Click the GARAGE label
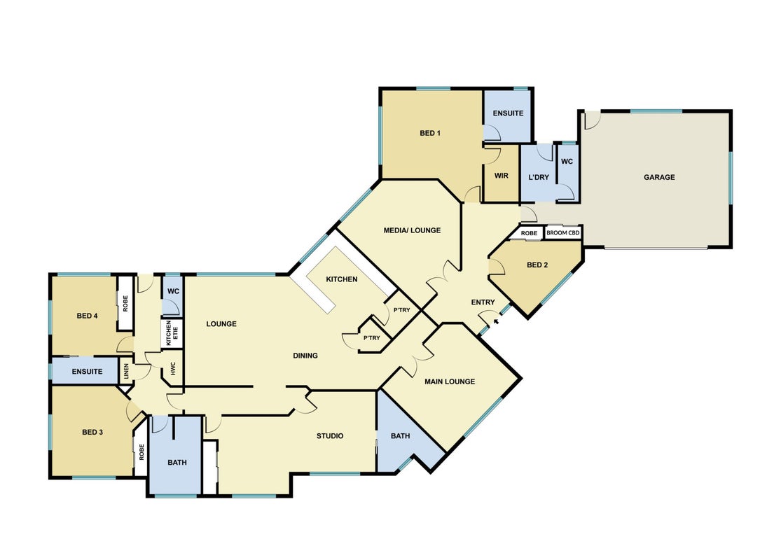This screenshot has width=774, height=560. point(659,177)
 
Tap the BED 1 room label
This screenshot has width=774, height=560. point(430,133)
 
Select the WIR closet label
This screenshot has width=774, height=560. point(501,176)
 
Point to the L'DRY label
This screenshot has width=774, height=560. point(539,177)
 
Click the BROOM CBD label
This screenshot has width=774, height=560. point(562,232)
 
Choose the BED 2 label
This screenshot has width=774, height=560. point(537,265)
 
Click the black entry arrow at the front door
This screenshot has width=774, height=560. point(496,322)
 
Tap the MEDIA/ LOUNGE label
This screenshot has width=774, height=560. point(412,230)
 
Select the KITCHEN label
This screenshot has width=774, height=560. point(342,279)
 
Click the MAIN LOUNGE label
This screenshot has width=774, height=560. point(450,381)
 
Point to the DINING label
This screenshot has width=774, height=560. point(305,355)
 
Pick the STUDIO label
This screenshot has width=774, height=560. point(330,435)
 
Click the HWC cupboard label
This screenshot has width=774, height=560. point(173,369)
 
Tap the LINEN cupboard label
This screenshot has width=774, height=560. point(126,370)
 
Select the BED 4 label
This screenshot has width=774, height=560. point(87,316)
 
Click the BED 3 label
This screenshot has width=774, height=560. point(92,432)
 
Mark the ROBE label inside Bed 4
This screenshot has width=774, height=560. point(125,303)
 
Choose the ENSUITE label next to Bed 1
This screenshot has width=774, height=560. point(508,113)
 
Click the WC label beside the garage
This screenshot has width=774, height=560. point(567,161)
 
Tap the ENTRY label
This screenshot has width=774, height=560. point(483,302)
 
